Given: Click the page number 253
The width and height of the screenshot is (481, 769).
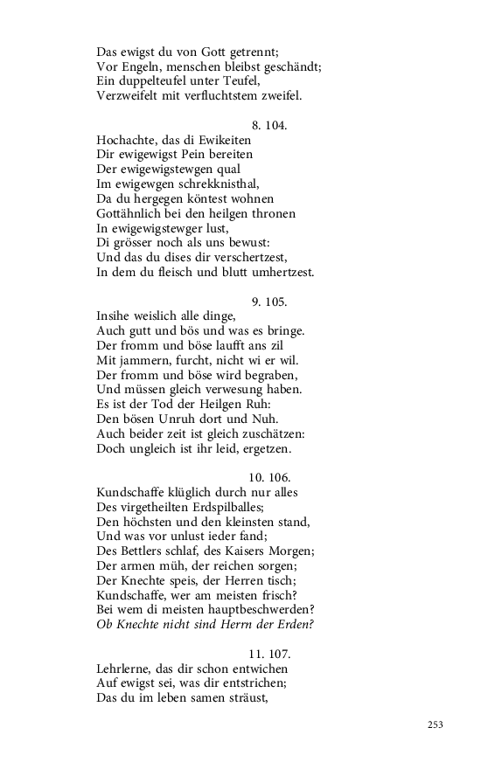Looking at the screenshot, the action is tap(436, 725).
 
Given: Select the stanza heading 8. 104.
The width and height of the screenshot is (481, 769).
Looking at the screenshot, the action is tap(269, 125).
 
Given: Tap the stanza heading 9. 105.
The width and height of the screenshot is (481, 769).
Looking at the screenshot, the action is tap(269, 301).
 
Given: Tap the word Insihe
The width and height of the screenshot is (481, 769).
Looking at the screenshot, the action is tap(115, 316).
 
